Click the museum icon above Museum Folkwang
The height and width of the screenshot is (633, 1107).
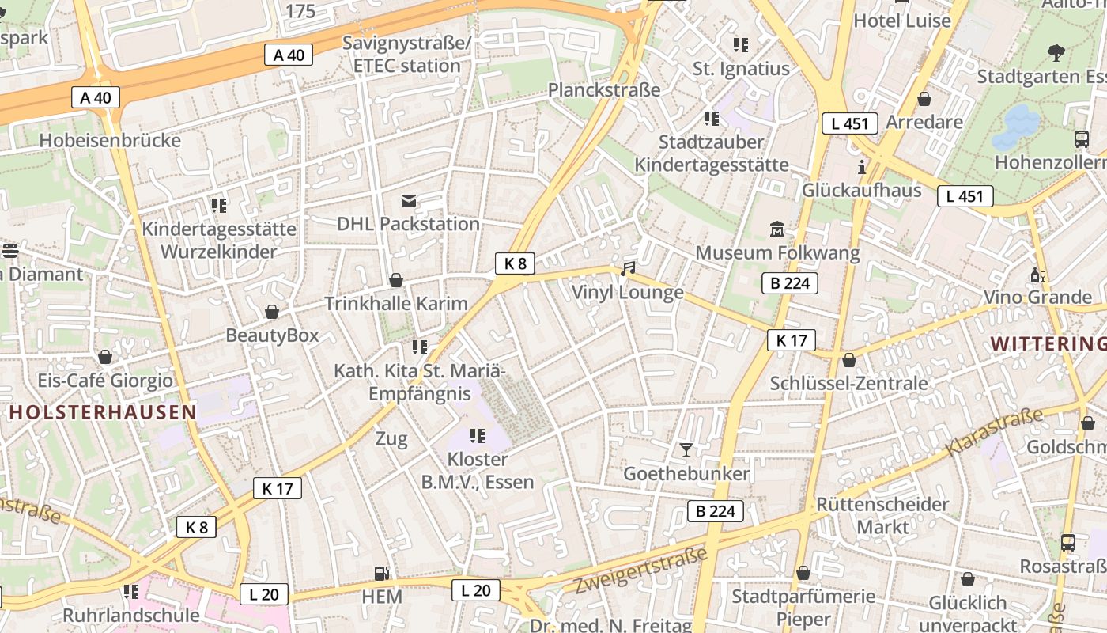click(777, 229)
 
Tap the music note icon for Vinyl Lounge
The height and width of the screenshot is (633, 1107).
click(628, 269)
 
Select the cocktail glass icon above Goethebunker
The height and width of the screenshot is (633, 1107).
click(686, 450)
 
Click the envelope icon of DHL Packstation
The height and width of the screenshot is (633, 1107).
click(409, 201)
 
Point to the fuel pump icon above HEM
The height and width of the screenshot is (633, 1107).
click(382, 574)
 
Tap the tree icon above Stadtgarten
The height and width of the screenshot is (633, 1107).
click(1056, 53)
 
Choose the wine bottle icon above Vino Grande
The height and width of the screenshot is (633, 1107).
click(1037, 275)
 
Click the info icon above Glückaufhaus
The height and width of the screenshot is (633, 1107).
click(862, 167)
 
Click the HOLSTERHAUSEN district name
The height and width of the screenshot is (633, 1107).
click(102, 411)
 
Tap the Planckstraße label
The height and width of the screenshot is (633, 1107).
click(604, 90)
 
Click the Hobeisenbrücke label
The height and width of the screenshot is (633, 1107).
click(110, 141)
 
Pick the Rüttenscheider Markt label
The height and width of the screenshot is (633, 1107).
click(882, 515)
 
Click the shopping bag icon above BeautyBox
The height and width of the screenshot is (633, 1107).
click(272, 312)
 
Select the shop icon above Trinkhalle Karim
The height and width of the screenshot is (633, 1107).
click(396, 280)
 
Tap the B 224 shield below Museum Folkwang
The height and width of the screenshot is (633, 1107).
click(790, 283)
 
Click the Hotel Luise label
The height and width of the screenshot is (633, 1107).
click(902, 21)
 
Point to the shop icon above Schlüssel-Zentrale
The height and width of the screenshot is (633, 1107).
click(849, 360)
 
